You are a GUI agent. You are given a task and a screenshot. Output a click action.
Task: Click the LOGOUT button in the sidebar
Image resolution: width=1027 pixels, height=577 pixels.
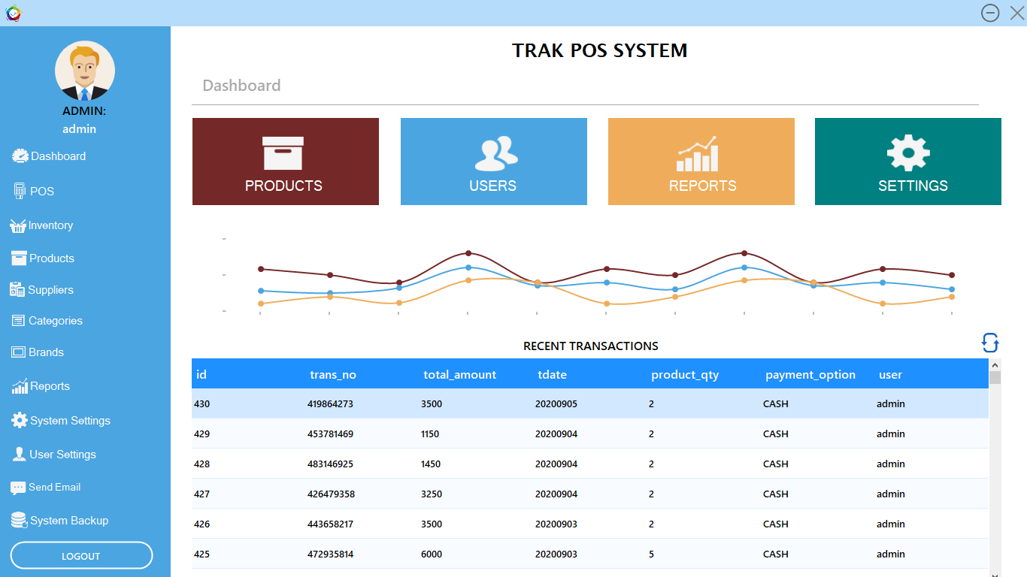pyautogui.click(x=81, y=556)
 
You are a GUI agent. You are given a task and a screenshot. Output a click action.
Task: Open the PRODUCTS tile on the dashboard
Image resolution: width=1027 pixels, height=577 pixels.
pyautogui.click(x=286, y=162)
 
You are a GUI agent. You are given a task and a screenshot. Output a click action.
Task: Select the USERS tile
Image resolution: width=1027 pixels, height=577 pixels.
pyautogui.click(x=493, y=162)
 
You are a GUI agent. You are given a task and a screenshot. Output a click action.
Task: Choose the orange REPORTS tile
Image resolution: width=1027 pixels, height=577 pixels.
pyautogui.click(x=701, y=162)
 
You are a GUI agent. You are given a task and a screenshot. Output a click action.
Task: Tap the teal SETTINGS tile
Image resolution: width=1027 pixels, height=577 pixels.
pyautogui.click(x=907, y=162)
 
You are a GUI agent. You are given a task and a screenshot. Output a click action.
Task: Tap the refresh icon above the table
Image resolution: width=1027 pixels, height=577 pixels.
pyautogui.click(x=990, y=343)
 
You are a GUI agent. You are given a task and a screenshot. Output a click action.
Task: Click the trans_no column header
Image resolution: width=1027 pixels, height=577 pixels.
pyautogui.click(x=333, y=374)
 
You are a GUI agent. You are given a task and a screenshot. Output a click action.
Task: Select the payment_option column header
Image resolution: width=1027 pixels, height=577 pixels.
pyautogui.click(x=810, y=374)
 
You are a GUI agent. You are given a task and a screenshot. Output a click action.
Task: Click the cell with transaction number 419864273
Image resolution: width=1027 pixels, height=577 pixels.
pyautogui.click(x=330, y=404)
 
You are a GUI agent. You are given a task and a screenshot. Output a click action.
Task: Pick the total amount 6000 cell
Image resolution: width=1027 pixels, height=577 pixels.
pyautogui.click(x=432, y=554)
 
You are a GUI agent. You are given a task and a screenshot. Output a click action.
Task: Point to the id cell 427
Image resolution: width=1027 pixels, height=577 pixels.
pyautogui.click(x=202, y=494)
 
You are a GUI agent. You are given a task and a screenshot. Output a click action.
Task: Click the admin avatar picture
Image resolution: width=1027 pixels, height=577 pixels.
pyautogui.click(x=85, y=71)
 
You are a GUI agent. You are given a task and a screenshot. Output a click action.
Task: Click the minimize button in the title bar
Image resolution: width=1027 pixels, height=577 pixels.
pyautogui.click(x=990, y=13)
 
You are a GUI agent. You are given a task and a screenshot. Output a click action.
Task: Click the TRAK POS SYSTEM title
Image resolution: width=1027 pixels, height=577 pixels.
pyautogui.click(x=599, y=50)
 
